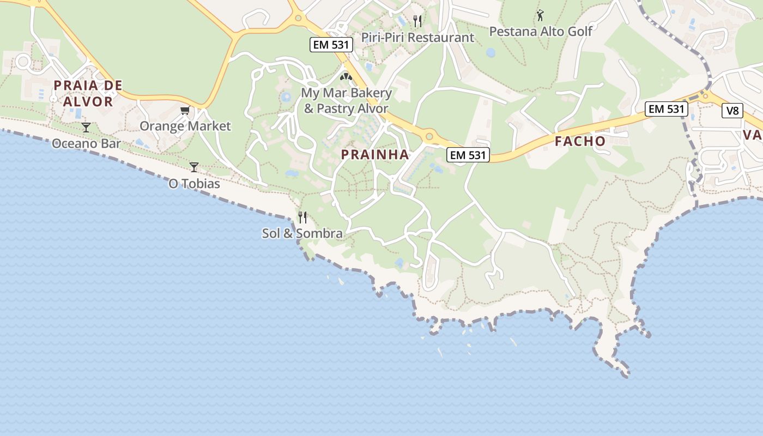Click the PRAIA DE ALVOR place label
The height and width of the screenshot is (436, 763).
coord(88,93)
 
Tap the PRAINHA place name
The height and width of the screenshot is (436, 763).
coord(375,155)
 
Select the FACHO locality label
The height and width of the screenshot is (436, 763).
coord(580,142)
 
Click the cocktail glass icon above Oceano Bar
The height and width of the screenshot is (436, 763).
coord(86,128)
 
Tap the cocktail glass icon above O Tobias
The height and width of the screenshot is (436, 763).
coord(194,167)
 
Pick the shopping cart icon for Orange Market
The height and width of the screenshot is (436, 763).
coord(185,111)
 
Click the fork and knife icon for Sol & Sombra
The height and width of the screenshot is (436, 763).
coord(302,217)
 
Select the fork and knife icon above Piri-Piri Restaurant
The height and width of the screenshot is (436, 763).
coord(417,21)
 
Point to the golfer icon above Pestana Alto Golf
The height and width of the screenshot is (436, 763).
coord(540,15)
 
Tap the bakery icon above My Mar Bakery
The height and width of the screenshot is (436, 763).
coord(346,77)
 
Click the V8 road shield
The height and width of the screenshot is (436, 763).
coord(732,111)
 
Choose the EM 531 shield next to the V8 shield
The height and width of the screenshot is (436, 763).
coord(667,109)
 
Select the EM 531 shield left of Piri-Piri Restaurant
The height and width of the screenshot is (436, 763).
coord(331,45)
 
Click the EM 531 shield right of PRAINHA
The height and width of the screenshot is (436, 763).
coord(468,155)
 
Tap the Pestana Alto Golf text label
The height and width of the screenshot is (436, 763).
coord(540,32)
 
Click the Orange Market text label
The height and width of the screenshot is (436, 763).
coord(185,126)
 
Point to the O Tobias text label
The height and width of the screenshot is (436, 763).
coord(194,184)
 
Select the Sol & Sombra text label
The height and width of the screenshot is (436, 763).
coord(302,234)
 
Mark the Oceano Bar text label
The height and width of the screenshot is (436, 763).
coord(86,144)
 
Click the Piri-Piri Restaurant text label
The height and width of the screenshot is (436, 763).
coord(417,38)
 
